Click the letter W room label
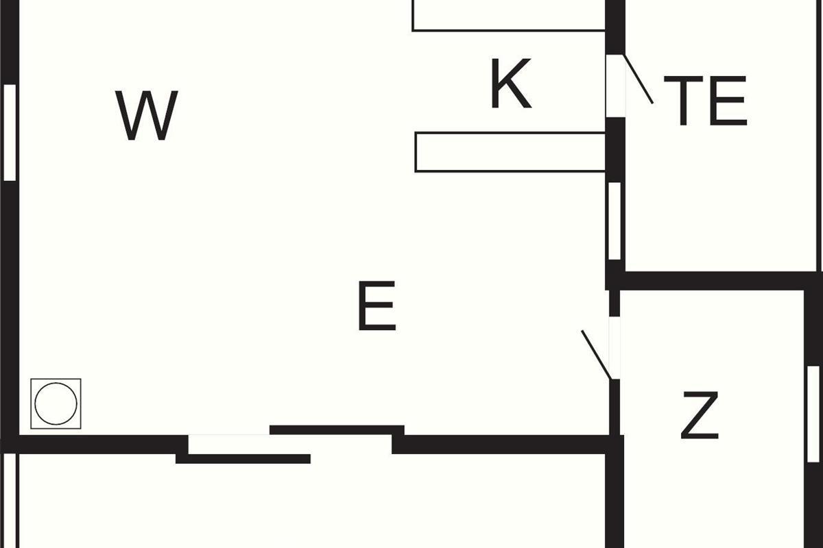tap(147, 115)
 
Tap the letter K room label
tap(511, 84)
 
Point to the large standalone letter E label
tap(377, 306)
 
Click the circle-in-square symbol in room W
tap(56, 403)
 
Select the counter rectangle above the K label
tap(508, 15)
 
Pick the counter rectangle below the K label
tap(510, 152)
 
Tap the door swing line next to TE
tap(638, 79)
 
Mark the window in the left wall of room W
tap(10, 132)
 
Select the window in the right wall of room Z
tap(813, 414)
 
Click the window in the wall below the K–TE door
tap(615, 221)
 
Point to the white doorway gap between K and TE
tap(615, 85)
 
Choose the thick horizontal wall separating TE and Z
tap(713, 280)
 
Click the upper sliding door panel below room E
tap(337, 430)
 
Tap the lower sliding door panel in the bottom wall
tap(243, 458)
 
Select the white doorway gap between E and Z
tap(615, 347)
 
